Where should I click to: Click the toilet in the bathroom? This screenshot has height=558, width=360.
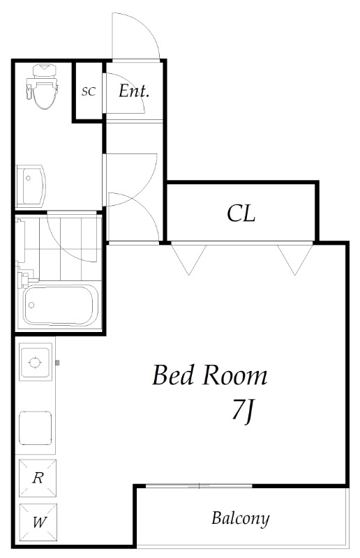(x=42, y=86)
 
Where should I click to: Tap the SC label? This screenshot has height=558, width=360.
(x=89, y=91)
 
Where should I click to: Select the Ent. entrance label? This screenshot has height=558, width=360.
(x=134, y=91)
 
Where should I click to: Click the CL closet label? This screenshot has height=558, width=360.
(x=241, y=213)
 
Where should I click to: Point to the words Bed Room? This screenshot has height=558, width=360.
(x=210, y=375)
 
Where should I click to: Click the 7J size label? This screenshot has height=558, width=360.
(x=243, y=411)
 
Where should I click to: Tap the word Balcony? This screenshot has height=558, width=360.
(x=241, y=518)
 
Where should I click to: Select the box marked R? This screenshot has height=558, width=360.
(x=38, y=478)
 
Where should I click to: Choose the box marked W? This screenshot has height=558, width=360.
(x=38, y=522)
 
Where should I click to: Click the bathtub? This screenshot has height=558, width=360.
(x=60, y=305)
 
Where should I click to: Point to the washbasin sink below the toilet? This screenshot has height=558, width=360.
(x=31, y=186)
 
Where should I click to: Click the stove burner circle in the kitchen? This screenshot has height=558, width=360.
(x=35, y=363)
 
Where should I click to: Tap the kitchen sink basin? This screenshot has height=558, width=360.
(x=36, y=428)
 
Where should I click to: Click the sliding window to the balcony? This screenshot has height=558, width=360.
(x=199, y=485)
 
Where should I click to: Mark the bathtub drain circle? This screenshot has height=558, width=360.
(x=31, y=305)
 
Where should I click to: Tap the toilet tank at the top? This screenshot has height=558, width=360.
(x=44, y=70)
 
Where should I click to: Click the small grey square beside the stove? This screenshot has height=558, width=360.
(x=57, y=363)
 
